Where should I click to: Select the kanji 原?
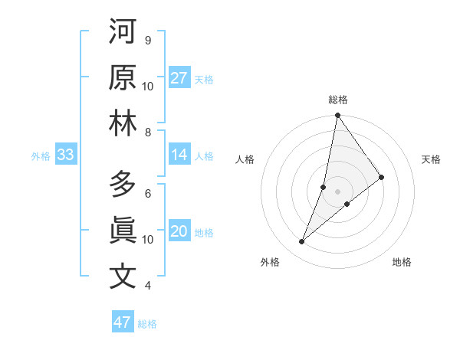pos(123,78)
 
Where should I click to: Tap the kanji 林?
pos(123,124)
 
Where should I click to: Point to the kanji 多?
pos(123,185)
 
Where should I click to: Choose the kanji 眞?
pos(123,231)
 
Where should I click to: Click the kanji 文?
pos(123,277)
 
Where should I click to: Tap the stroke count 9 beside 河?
pos(148,40)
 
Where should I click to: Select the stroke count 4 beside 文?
pos(148,286)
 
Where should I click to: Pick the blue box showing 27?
pos(179,78)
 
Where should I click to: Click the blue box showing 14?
pos(179,155)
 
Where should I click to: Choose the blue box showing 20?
pos(179,232)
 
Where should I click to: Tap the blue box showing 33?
pos(65,155)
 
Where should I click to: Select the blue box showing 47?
pos(123,322)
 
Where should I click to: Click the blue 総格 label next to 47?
pos(147,324)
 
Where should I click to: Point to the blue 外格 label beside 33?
pos(41,156)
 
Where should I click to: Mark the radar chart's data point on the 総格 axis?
pos(337,116)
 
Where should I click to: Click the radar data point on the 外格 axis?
pos(302,242)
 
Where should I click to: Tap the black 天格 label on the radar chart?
pos(432,159)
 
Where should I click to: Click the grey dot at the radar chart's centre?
pos(337,191)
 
